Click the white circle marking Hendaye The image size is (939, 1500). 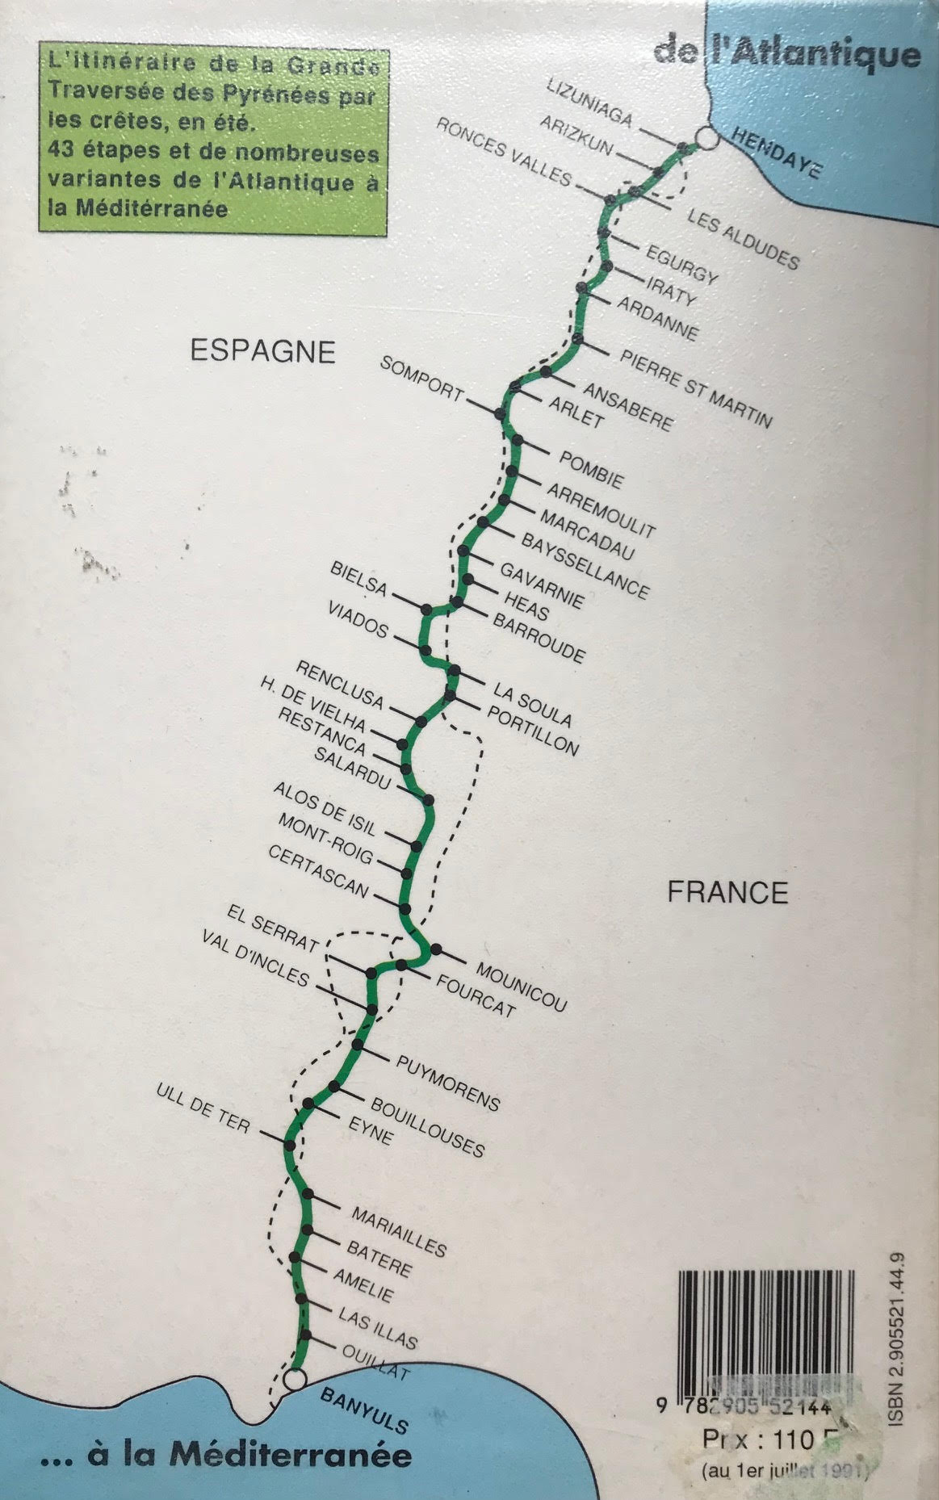point(706,137)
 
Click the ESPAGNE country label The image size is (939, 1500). point(262,351)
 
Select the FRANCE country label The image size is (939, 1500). point(727,892)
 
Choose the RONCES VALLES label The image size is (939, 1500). point(505,151)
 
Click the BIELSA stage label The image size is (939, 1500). point(358,579)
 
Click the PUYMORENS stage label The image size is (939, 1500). point(449,1082)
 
